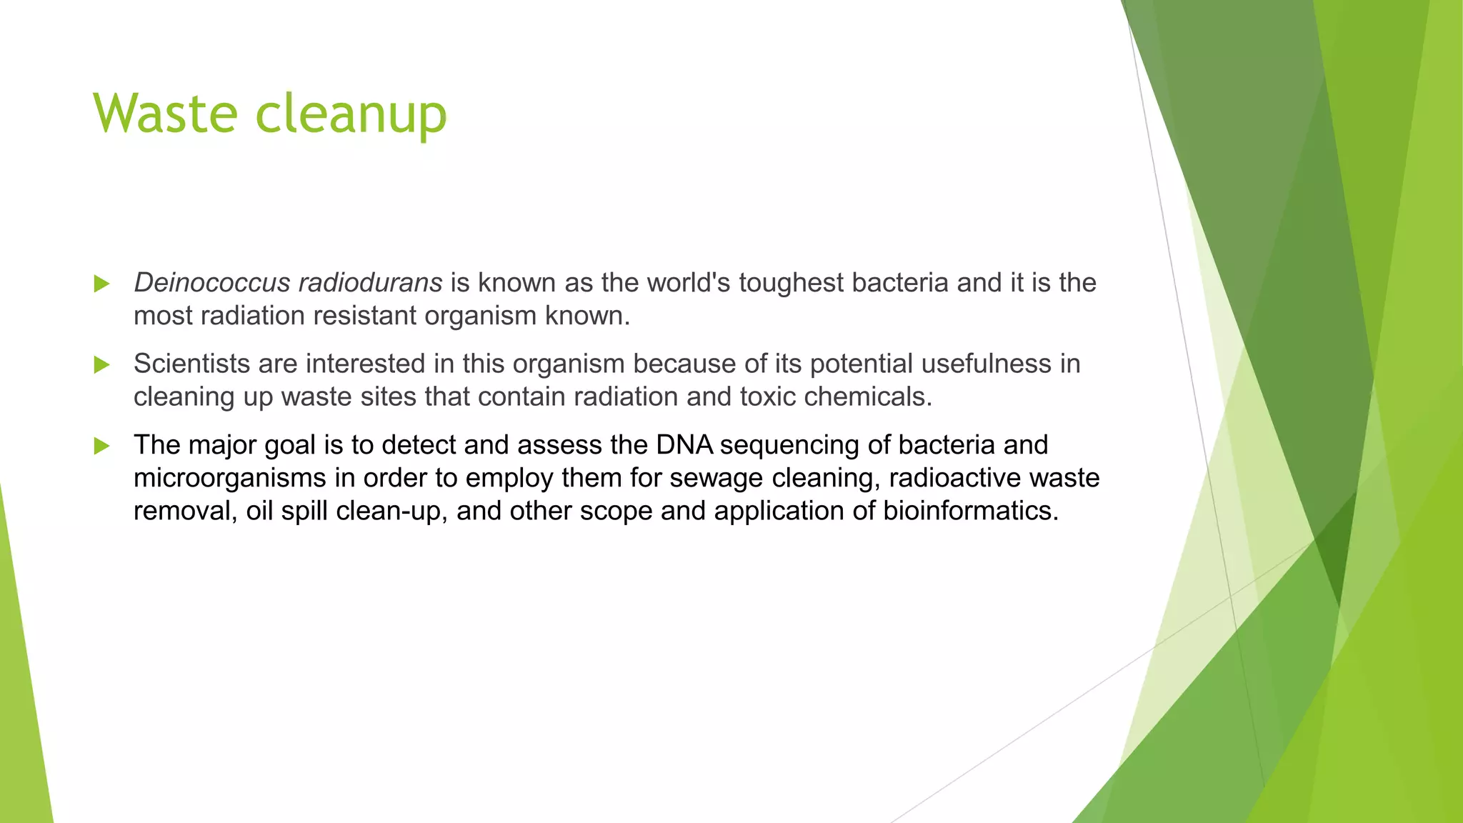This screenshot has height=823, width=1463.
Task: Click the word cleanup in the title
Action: coord(351,114)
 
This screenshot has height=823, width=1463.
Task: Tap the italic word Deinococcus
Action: coord(211,283)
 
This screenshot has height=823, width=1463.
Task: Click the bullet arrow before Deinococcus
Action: coord(101,284)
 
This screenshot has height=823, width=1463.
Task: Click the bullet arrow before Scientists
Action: coord(101,365)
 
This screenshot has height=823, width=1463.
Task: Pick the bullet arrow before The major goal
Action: coord(101,447)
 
